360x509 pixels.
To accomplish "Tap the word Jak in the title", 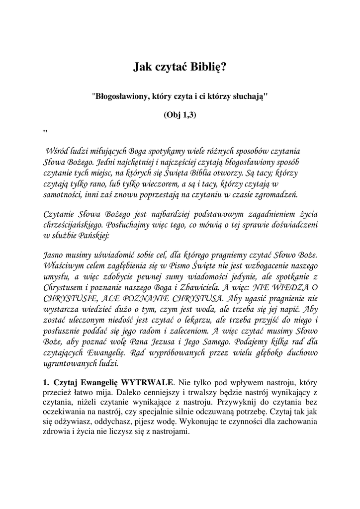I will pos(143,66).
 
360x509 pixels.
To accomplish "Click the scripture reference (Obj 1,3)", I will pos(180,115).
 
